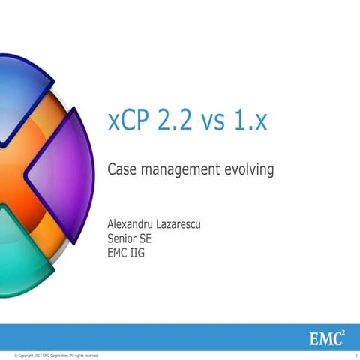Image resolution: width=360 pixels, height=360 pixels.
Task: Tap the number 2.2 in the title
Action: pyautogui.click(x=177, y=122)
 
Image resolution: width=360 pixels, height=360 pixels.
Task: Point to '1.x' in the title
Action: pyautogui.click(x=250, y=122)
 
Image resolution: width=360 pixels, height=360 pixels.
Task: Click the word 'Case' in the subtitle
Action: pyautogui.click(x=122, y=170)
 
